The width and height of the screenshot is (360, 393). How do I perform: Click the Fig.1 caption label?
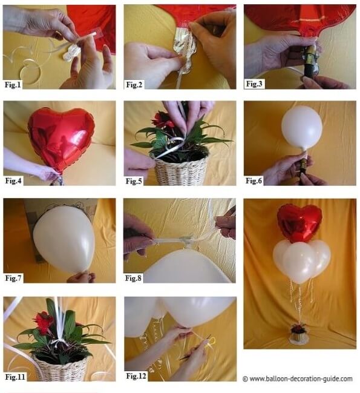[x=13, y=85]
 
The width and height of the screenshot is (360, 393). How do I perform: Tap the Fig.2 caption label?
[x=134, y=85]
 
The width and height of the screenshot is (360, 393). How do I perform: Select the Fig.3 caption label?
[x=254, y=84]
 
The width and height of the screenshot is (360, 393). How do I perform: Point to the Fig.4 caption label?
[x=13, y=180]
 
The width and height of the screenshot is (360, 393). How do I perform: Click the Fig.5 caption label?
[x=134, y=181]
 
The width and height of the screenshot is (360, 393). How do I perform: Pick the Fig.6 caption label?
[x=254, y=180]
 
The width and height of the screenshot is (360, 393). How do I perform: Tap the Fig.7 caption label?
[x=13, y=278]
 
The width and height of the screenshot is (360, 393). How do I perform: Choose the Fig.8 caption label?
[x=134, y=278]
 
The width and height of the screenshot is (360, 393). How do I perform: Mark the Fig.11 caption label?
[x=15, y=377]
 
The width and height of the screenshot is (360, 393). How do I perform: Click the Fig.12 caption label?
[x=136, y=376]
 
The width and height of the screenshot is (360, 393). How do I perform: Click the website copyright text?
[x=298, y=378]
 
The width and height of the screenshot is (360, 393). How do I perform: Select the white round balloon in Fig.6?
[x=302, y=128]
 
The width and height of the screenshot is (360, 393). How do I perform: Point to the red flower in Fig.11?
[x=43, y=320]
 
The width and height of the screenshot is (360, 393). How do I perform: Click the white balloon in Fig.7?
[x=64, y=239]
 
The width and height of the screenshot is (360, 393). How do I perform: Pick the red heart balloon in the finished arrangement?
[x=299, y=223]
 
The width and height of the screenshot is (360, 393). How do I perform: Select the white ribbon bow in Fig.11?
[x=59, y=343]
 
